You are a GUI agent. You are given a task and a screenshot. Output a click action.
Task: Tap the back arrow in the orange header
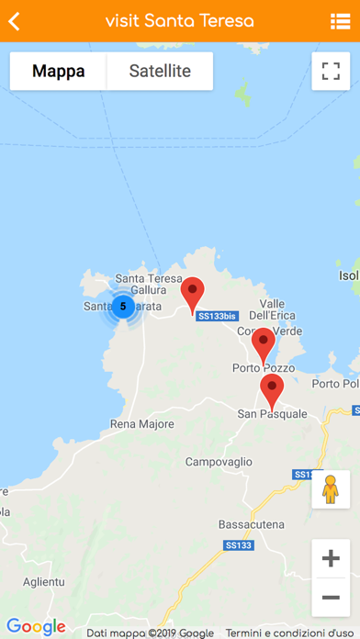click(15, 21)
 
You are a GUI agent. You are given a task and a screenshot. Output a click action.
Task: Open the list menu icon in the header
click(340, 21)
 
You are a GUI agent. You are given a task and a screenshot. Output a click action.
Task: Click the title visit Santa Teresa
click(180, 21)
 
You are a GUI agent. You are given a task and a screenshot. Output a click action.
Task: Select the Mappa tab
click(58, 71)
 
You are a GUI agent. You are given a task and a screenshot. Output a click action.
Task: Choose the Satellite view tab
click(160, 71)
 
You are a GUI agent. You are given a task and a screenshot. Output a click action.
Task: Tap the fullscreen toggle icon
click(331, 71)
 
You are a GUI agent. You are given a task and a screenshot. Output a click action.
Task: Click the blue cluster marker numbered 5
click(123, 307)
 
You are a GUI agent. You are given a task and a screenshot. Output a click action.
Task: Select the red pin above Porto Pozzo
click(264, 344)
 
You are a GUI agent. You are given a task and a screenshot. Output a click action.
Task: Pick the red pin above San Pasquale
click(271, 390)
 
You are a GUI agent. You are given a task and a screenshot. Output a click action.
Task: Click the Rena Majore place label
click(141, 424)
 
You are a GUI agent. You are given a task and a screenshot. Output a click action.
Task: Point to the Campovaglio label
click(219, 462)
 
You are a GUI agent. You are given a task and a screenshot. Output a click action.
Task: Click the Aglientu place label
click(43, 582)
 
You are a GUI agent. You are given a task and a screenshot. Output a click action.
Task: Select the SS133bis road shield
click(218, 316)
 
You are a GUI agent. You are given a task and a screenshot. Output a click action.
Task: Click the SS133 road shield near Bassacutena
click(237, 545)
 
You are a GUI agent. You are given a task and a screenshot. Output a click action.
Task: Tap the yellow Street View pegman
click(331, 489)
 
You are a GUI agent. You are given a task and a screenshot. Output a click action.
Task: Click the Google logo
click(37, 627)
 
